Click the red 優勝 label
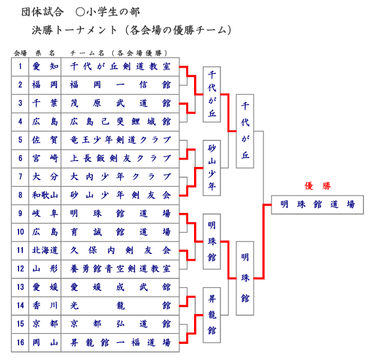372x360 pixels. tap(317, 186)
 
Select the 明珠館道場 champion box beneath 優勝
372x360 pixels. tap(317, 204)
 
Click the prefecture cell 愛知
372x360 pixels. tap(45, 66)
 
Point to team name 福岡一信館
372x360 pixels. tap(120, 84)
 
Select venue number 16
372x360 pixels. tap(20, 342)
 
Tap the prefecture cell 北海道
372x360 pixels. tap(45, 250)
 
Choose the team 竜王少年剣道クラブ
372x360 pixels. tap(120, 140)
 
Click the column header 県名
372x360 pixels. tap(45, 53)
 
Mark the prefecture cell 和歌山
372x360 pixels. tap(45, 195)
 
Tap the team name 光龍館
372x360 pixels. tap(120, 305)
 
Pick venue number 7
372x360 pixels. tap(20, 176)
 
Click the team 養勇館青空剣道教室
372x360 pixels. tap(120, 268)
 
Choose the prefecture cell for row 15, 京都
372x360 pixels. tap(45, 323)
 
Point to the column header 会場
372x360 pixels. tap(20, 53)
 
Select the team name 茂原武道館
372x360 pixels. tap(120, 103)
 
